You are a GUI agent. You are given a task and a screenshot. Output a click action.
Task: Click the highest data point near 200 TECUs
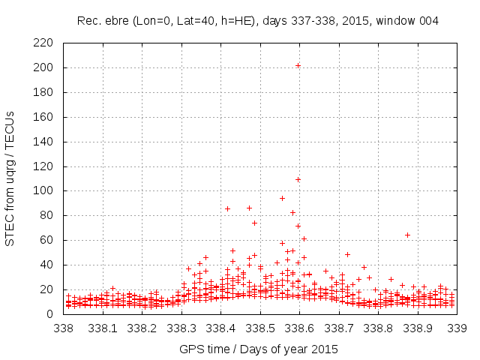point(298,65)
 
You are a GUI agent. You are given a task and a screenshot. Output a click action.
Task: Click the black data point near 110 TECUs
point(298,179)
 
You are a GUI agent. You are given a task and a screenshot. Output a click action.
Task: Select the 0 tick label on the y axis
point(53,313)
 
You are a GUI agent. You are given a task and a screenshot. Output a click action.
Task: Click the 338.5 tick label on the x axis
point(259,328)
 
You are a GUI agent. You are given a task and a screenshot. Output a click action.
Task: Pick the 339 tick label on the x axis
point(456,328)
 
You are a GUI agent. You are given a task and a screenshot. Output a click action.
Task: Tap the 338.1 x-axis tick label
point(103,328)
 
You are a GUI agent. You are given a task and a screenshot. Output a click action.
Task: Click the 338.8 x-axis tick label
point(377,328)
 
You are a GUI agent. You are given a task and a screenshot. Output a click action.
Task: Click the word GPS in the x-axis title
point(191,349)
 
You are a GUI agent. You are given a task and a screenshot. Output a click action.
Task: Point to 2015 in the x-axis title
point(322,349)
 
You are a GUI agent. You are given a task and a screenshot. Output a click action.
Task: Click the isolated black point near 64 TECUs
point(407,235)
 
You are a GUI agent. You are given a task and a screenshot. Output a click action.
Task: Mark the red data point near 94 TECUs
point(282,198)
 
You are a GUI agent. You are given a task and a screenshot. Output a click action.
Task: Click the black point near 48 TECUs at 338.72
point(347,254)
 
